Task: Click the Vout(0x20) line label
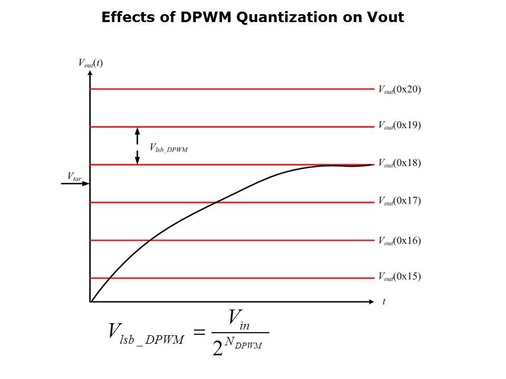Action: pyautogui.click(x=399, y=89)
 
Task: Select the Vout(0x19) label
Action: pyautogui.click(x=399, y=126)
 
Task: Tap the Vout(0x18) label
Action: pyautogui.click(x=399, y=164)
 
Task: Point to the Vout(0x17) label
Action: pyautogui.click(x=399, y=201)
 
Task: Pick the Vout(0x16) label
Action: pyautogui.click(x=399, y=241)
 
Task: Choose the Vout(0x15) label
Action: pyautogui.click(x=399, y=277)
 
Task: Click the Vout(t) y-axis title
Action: pyautogui.click(x=90, y=63)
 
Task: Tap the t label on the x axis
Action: pyautogui.click(x=384, y=302)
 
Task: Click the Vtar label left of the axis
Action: pyautogui.click(x=74, y=175)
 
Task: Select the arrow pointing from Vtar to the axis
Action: pyautogui.click(x=75, y=183)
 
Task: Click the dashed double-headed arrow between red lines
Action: pyautogui.click(x=137, y=146)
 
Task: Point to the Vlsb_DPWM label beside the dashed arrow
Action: pyautogui.click(x=169, y=148)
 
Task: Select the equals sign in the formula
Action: pyautogui.click(x=199, y=332)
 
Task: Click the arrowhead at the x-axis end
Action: pyautogui.click(x=372, y=302)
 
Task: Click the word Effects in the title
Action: pyautogui.click(x=132, y=18)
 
